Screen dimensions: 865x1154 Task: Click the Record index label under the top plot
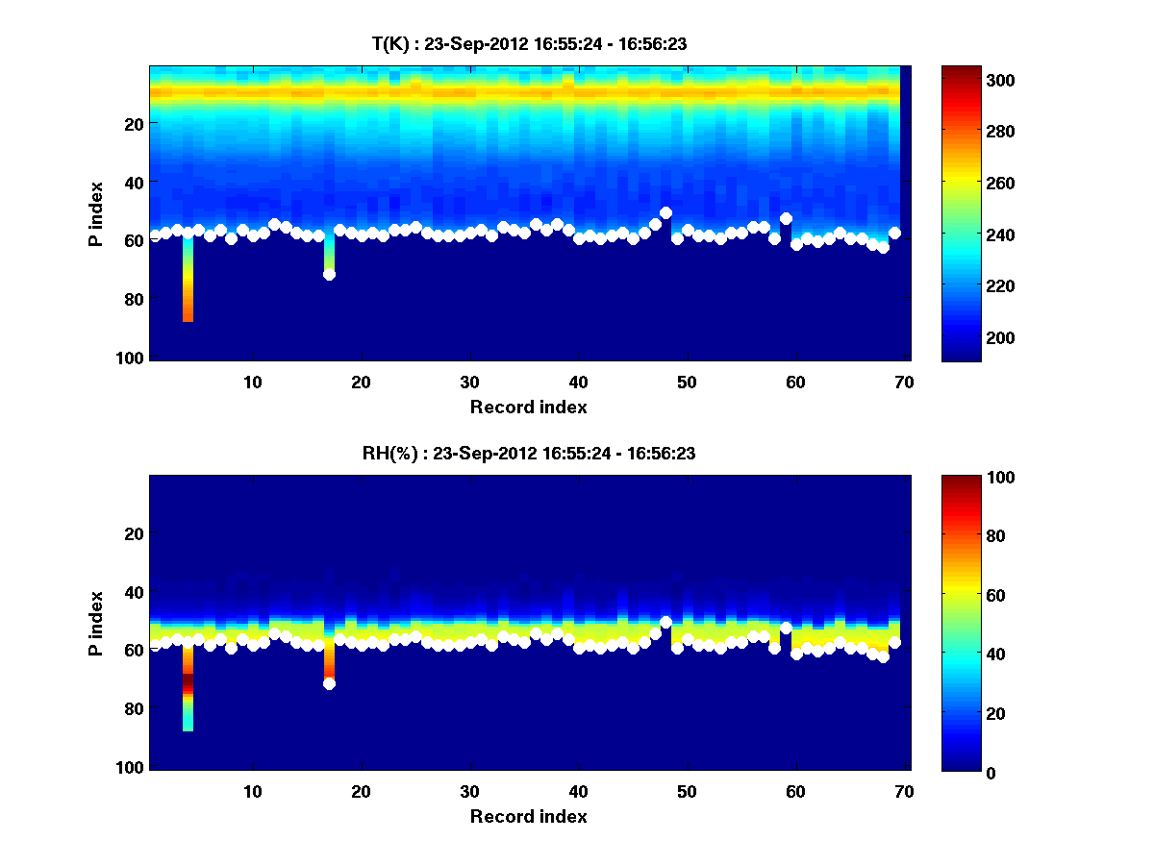click(x=528, y=407)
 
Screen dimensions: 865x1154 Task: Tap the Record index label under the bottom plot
click(x=528, y=816)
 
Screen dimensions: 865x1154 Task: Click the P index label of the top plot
click(x=95, y=214)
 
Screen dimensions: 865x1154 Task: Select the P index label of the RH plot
click(x=95, y=624)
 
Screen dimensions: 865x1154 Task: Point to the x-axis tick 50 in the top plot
click(x=687, y=382)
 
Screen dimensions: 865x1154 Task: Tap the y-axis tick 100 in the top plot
click(x=132, y=358)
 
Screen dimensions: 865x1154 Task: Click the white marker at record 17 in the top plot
click(x=329, y=274)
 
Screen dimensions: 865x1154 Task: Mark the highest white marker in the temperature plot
click(x=665, y=213)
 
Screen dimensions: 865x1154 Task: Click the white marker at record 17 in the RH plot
click(x=329, y=683)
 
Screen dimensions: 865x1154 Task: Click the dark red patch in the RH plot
click(x=188, y=683)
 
